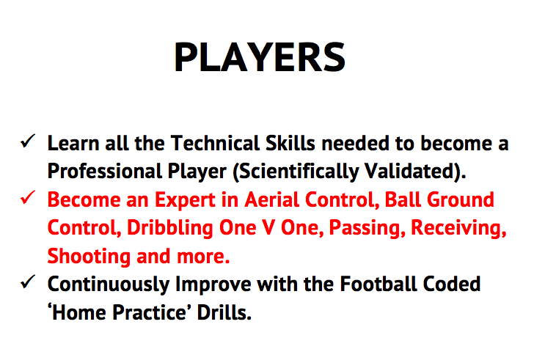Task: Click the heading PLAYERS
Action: [260, 57]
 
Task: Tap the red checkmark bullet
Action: [28, 197]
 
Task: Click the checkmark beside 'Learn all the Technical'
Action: [28, 141]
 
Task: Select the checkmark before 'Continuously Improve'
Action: [28, 282]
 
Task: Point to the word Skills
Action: [290, 143]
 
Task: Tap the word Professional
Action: [105, 171]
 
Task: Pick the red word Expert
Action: [185, 200]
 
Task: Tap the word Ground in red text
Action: [460, 199]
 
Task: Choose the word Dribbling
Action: [170, 228]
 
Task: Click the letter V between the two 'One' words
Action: [268, 227]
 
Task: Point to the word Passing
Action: [367, 228]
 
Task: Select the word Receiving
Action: [458, 228]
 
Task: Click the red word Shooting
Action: [89, 256]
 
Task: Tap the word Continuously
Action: [109, 284]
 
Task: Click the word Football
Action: [378, 284]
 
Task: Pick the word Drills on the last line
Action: [224, 312]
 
